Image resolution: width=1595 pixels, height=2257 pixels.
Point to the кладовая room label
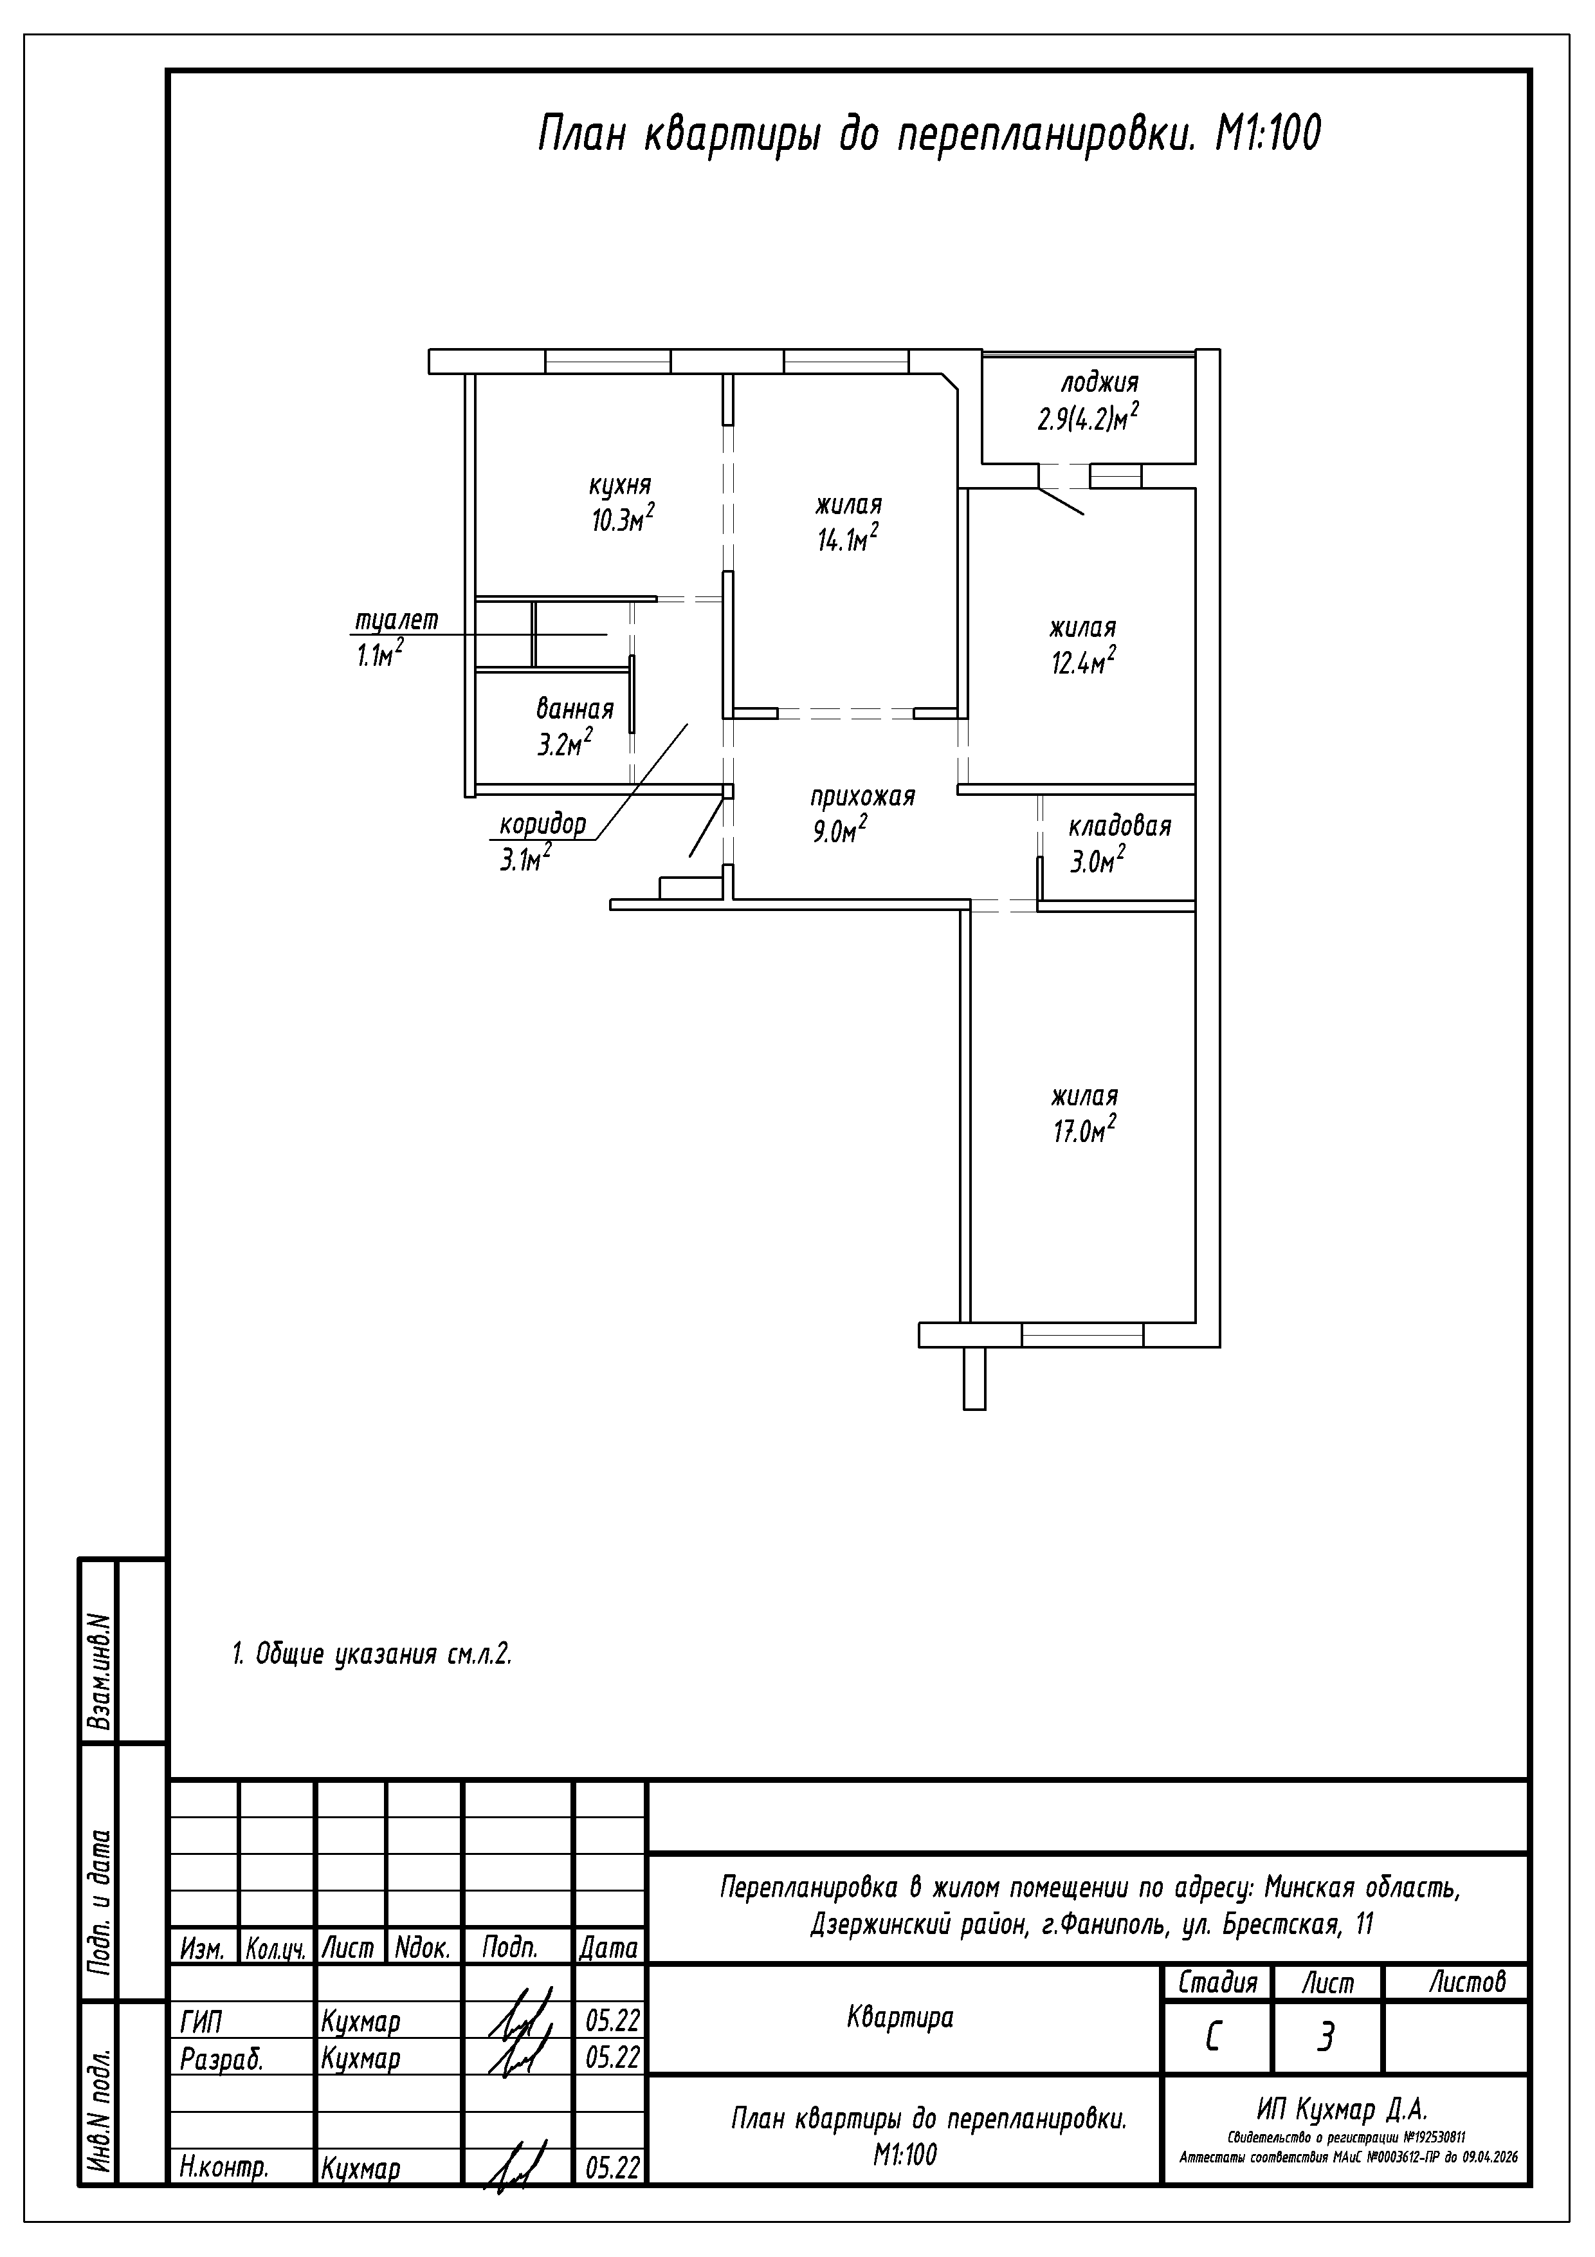[1120, 825]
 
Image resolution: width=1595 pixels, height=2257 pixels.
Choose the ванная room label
[575, 709]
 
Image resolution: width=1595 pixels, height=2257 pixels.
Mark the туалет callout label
[396, 620]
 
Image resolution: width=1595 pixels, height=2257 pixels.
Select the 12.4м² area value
[1084, 661]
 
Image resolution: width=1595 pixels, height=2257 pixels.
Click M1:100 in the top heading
[1268, 134]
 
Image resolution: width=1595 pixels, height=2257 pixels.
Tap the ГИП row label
[201, 2022]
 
